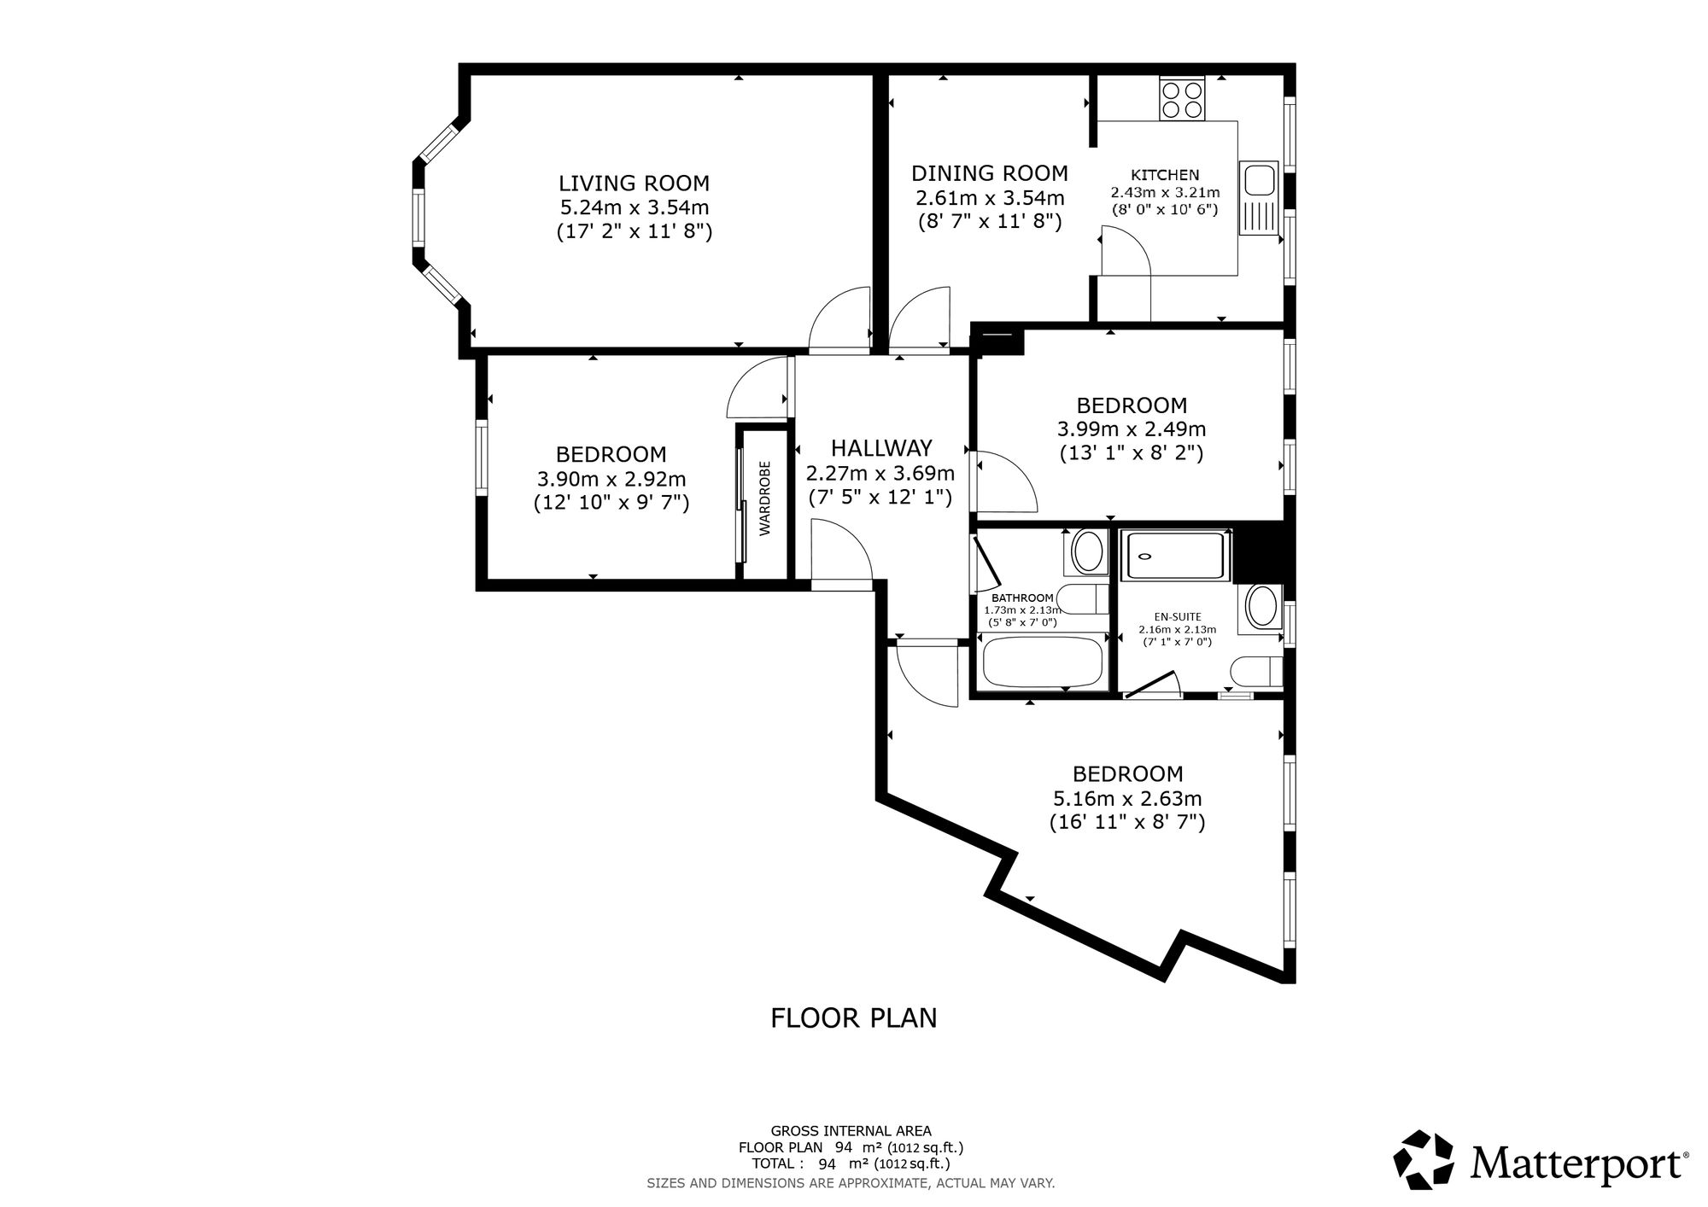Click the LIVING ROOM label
[x=634, y=183]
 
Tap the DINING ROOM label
[x=990, y=173]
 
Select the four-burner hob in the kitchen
[x=1182, y=99]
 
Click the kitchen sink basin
[x=1258, y=181]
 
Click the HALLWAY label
[x=881, y=447]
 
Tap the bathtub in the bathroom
[x=1043, y=663]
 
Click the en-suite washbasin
[x=1261, y=607]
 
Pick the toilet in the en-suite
[x=1258, y=672]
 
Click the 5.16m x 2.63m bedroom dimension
[x=1127, y=799]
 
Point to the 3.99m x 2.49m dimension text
[x=1132, y=429]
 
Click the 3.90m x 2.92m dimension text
[x=611, y=479]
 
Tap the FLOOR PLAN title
[x=854, y=1018]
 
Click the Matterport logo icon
[x=1424, y=1159]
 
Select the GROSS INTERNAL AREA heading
[x=851, y=1131]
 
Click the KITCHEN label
[x=1165, y=175]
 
